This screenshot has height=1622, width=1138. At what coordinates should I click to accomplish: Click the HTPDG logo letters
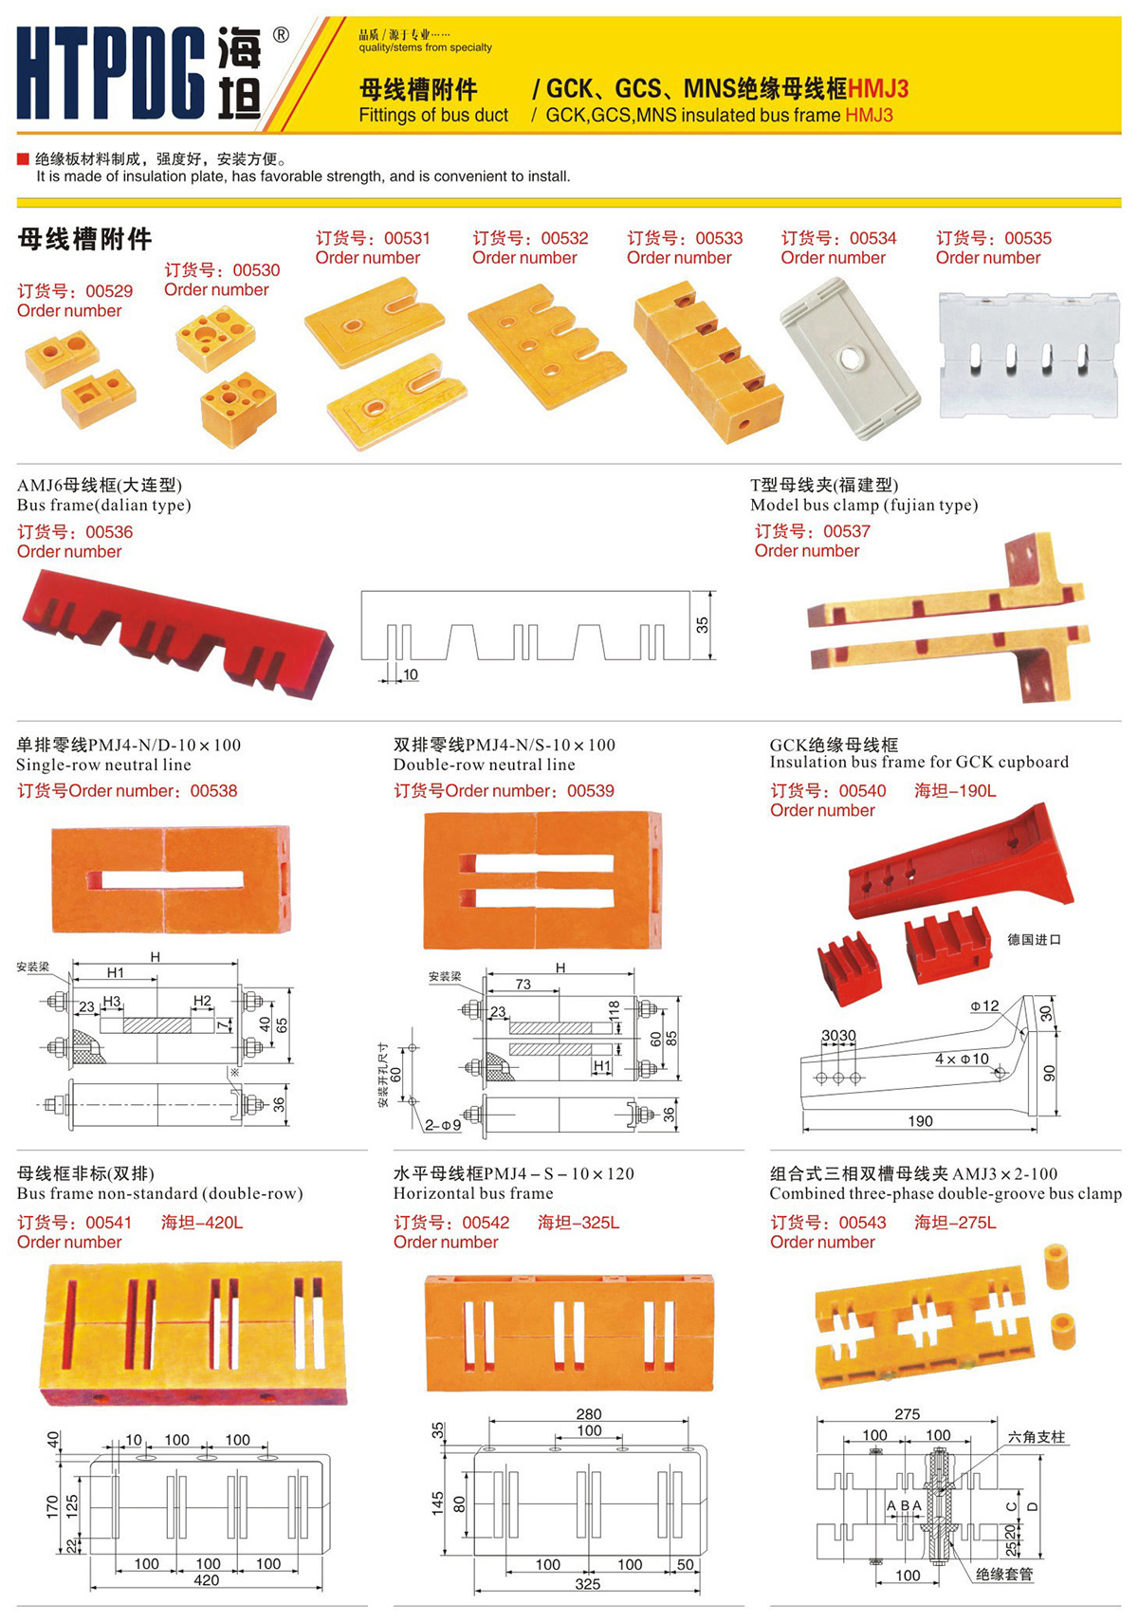[x=111, y=73]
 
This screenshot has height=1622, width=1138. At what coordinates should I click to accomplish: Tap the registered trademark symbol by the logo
[x=281, y=35]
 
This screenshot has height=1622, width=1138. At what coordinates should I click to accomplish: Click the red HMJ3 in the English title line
[x=869, y=115]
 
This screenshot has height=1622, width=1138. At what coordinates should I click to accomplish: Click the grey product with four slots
[x=1028, y=355]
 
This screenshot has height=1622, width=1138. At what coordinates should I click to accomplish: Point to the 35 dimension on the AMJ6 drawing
[x=702, y=625]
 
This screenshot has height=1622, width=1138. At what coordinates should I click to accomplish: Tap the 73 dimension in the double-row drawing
[x=523, y=984]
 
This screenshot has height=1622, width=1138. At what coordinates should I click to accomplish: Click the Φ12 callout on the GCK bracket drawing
[x=984, y=1005]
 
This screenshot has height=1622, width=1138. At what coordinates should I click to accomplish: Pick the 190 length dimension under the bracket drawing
[x=920, y=1121]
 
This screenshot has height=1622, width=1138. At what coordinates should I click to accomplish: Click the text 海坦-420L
[x=202, y=1223]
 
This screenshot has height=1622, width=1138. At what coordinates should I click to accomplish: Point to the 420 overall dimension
[x=207, y=1580]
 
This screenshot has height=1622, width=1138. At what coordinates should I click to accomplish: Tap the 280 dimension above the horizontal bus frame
[x=589, y=1413]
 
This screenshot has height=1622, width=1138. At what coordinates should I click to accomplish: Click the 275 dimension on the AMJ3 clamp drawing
[x=907, y=1413]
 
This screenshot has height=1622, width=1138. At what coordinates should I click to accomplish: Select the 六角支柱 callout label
[x=1037, y=1437]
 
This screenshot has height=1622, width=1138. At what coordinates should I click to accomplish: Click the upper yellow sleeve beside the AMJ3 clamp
[x=1057, y=1265]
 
